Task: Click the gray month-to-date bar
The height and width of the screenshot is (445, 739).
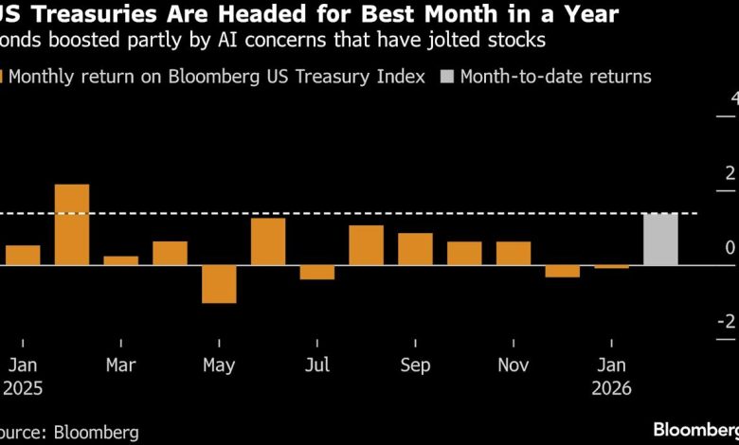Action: coord(660,240)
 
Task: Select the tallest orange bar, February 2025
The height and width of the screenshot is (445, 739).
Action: coord(72,224)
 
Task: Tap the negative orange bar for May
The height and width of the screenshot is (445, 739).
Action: coord(219,284)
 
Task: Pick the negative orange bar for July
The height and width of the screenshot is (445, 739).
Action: coord(317,273)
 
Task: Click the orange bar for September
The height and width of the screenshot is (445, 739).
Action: coord(415,249)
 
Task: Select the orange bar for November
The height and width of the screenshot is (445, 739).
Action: coord(514,253)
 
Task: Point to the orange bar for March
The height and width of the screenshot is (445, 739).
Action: coord(120,260)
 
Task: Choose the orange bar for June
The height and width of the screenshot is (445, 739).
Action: coord(268,241)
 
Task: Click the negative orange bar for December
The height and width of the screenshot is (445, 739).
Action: coord(562,272)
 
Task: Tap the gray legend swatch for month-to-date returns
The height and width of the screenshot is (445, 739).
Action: coord(449,77)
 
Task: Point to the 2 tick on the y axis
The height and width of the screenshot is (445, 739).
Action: coord(730,172)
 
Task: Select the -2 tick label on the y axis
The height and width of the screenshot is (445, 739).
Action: coord(727,323)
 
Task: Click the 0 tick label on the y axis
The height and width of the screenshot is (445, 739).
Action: coord(730,248)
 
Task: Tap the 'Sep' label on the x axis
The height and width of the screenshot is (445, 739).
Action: coord(415,365)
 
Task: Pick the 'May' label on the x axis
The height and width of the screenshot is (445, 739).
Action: coord(219,365)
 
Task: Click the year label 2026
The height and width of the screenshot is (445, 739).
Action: coord(611,387)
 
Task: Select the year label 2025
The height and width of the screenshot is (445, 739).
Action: coord(23,387)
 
